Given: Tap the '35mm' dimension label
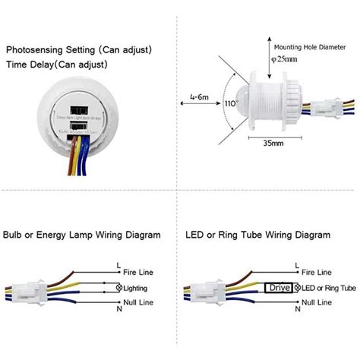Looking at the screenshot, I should pyautogui.click(x=274, y=163).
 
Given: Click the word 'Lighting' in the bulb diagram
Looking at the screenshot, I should pyautogui.click(x=137, y=289).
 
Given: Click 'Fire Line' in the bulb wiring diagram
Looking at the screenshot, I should pyautogui.click(x=140, y=272).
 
